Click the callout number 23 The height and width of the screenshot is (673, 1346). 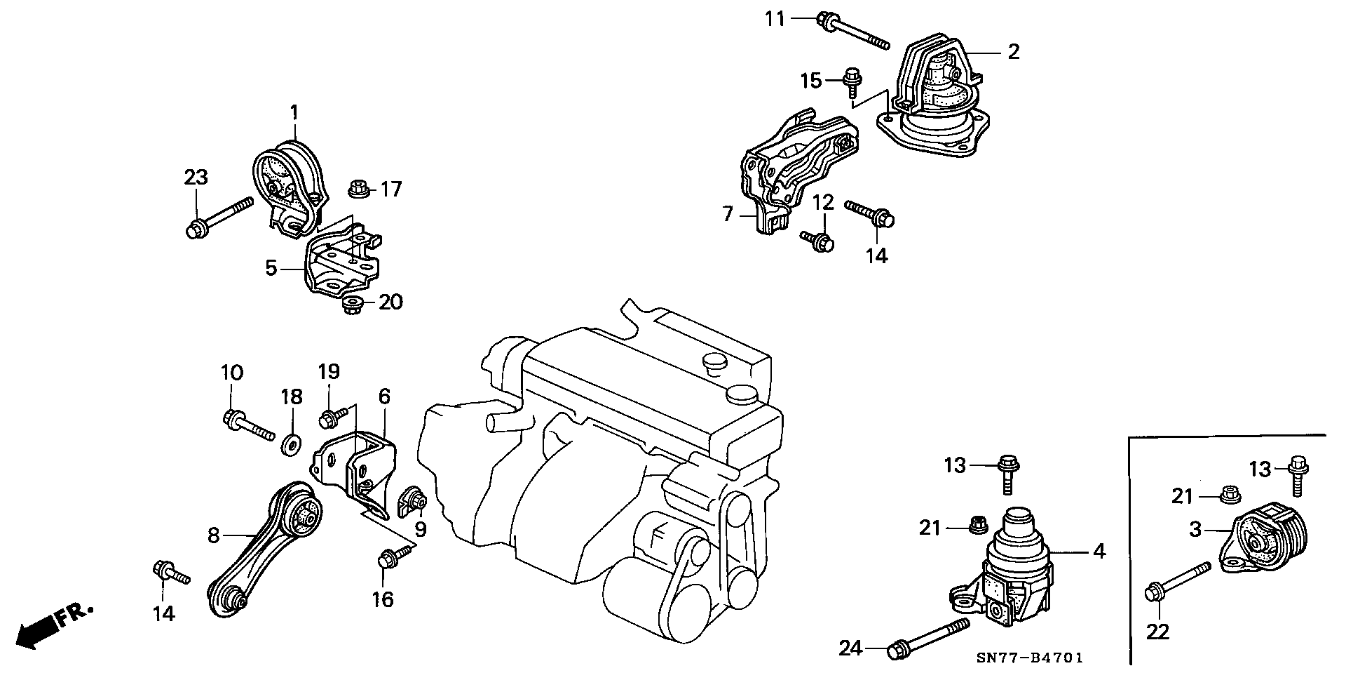point(196,178)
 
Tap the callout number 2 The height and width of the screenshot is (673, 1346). point(1013,51)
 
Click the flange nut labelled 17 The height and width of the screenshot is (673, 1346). point(358,188)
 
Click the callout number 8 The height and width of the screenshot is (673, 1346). point(214,536)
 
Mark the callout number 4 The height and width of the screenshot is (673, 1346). point(1099,552)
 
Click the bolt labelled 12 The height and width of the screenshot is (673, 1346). point(817,240)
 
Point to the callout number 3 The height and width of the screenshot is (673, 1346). point(1195,530)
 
